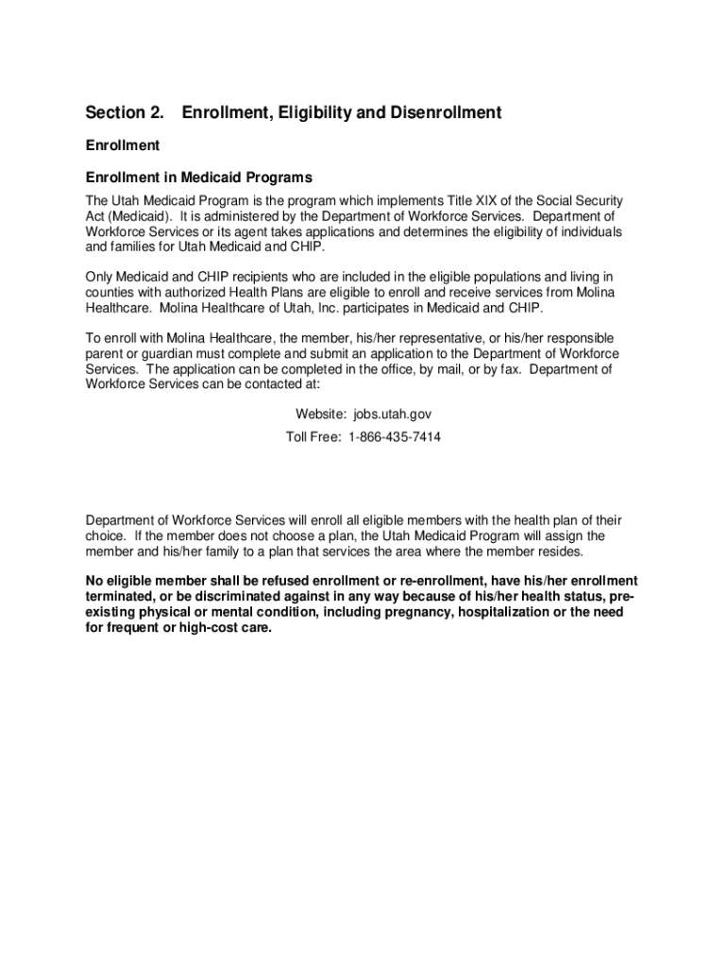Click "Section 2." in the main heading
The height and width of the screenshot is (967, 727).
click(124, 113)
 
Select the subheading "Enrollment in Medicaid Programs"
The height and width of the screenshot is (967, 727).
click(199, 178)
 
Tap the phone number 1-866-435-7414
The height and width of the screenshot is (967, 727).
click(394, 437)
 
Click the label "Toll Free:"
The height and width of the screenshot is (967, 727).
click(313, 437)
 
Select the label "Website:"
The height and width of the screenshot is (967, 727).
click(322, 415)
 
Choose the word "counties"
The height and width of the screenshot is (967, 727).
click(110, 293)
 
